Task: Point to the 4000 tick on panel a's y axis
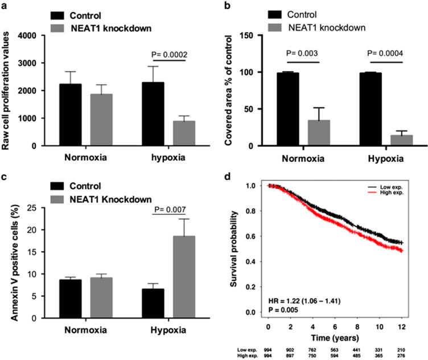tap(28, 35)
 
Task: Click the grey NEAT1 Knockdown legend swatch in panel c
tap(60, 199)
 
